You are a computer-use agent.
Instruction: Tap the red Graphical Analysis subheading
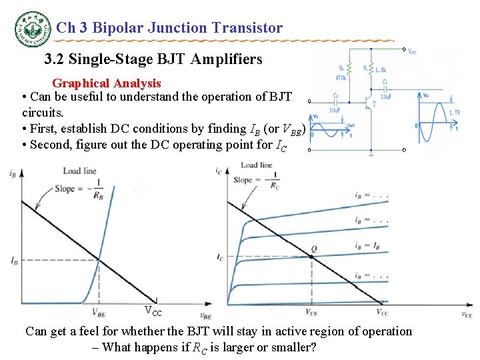[x=107, y=83]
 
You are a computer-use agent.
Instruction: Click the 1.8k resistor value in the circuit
[x=381, y=69]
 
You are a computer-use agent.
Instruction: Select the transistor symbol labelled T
[x=370, y=102]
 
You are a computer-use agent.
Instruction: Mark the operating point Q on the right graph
[x=313, y=249]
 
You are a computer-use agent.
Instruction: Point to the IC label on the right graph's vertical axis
[x=221, y=257]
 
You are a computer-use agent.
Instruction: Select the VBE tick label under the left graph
[x=99, y=311]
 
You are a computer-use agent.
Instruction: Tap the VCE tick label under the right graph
[x=311, y=311]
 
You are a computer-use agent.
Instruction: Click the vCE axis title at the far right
[x=466, y=314]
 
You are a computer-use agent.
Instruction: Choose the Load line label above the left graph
[x=80, y=171]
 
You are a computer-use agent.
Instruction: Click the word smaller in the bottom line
[x=293, y=347]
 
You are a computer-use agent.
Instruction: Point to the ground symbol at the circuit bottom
[x=371, y=153]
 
